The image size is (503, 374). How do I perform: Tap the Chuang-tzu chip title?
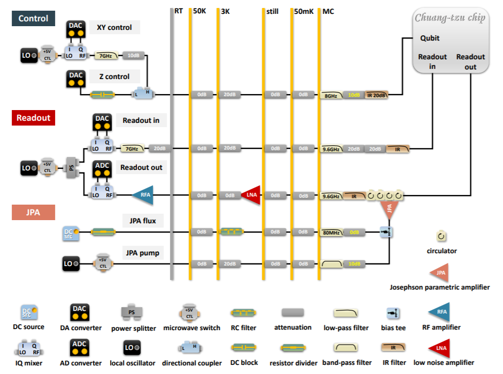pyautogui.click(x=450, y=18)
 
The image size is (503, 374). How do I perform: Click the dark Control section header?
pyautogui.click(x=33, y=18)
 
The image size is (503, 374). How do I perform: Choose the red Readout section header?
pyautogui.click(x=33, y=118)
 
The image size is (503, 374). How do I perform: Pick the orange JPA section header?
pyautogui.click(x=33, y=212)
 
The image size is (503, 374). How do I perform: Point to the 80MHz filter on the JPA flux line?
pyautogui.click(x=331, y=232)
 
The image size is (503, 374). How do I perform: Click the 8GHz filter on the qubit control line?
pyautogui.click(x=331, y=95)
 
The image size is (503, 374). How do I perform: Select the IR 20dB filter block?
pyautogui.click(x=376, y=95)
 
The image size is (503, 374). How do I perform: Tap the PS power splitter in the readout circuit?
pyautogui.click(x=71, y=167)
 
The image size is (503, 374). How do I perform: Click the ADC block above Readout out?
pyautogui.click(x=102, y=169)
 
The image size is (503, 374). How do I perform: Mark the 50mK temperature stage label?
pyautogui.click(x=303, y=11)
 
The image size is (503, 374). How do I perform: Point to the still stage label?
pyautogui.click(x=272, y=11)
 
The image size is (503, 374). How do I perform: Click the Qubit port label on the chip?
pyautogui.click(x=430, y=38)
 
